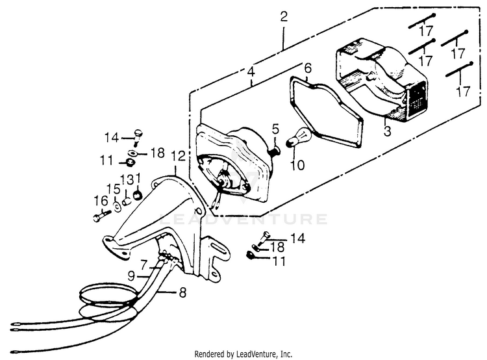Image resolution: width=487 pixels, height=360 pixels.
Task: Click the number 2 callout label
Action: point(283,18)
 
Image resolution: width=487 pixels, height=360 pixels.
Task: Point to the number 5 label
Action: point(275,129)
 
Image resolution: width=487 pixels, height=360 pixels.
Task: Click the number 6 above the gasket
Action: point(308,68)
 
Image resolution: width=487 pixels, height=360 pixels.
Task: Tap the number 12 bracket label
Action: point(177,156)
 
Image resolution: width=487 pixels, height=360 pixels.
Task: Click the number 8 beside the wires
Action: point(182,292)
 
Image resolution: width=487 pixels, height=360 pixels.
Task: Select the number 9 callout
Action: point(131,276)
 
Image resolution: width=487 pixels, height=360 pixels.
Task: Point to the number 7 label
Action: point(144,265)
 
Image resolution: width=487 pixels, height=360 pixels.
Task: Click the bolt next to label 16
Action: point(101,216)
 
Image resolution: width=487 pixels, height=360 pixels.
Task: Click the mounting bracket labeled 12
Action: point(162,214)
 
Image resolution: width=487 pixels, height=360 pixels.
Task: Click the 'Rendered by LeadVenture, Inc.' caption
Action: point(243,354)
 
